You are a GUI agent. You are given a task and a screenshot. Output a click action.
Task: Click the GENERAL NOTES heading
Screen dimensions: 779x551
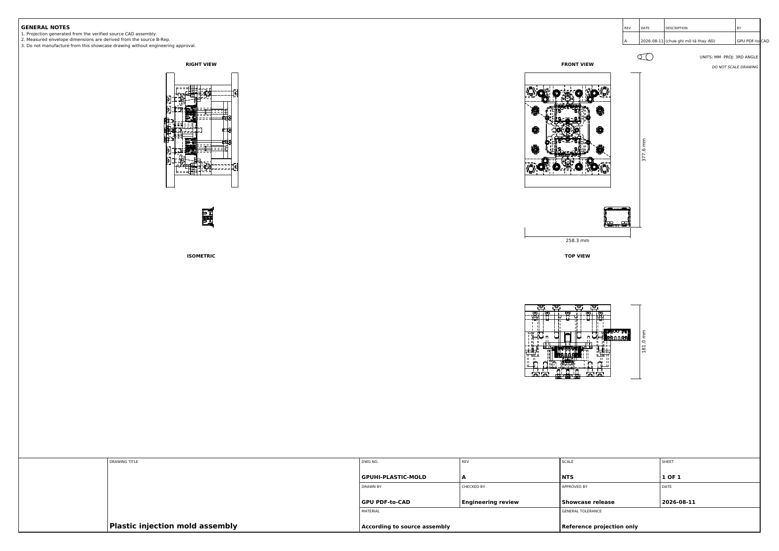(x=45, y=27)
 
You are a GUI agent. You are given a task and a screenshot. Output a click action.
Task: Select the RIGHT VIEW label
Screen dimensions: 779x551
(x=201, y=65)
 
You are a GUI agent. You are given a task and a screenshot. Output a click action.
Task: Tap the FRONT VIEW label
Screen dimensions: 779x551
(x=577, y=65)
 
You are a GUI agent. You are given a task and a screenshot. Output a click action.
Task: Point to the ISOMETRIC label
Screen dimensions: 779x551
(x=201, y=256)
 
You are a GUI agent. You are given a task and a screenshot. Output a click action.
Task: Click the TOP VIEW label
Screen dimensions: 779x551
(x=577, y=256)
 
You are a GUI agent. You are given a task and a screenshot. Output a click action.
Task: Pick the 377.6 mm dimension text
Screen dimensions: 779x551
(x=644, y=150)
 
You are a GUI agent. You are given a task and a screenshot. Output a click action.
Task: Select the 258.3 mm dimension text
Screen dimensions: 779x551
(x=577, y=241)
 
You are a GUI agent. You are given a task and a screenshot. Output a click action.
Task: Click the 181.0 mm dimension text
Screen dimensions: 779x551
(x=644, y=341)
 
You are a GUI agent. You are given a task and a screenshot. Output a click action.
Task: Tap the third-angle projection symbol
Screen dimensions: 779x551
(x=645, y=57)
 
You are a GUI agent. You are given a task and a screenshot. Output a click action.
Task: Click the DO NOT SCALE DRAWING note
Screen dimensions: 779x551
(x=735, y=67)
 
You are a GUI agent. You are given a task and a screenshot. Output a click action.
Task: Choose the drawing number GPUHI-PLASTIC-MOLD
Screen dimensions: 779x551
(x=394, y=477)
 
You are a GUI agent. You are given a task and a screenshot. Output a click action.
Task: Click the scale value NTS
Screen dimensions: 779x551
(x=568, y=477)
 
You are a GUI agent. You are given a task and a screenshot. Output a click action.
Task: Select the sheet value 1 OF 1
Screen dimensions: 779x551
(x=671, y=477)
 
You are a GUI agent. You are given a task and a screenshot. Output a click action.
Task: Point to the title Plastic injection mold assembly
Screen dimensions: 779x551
(x=173, y=526)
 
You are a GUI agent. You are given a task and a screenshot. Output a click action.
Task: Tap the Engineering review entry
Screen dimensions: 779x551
(x=490, y=502)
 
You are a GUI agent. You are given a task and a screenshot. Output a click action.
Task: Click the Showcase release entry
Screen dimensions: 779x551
(x=588, y=502)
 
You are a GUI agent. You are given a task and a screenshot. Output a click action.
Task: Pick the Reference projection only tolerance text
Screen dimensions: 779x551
(x=600, y=527)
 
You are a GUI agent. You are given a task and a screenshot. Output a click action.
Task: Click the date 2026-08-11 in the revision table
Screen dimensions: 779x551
(x=652, y=41)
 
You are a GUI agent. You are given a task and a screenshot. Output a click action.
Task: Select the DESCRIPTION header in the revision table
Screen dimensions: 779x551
(x=676, y=28)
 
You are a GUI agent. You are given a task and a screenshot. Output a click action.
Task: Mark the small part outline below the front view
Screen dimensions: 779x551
(x=617, y=217)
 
